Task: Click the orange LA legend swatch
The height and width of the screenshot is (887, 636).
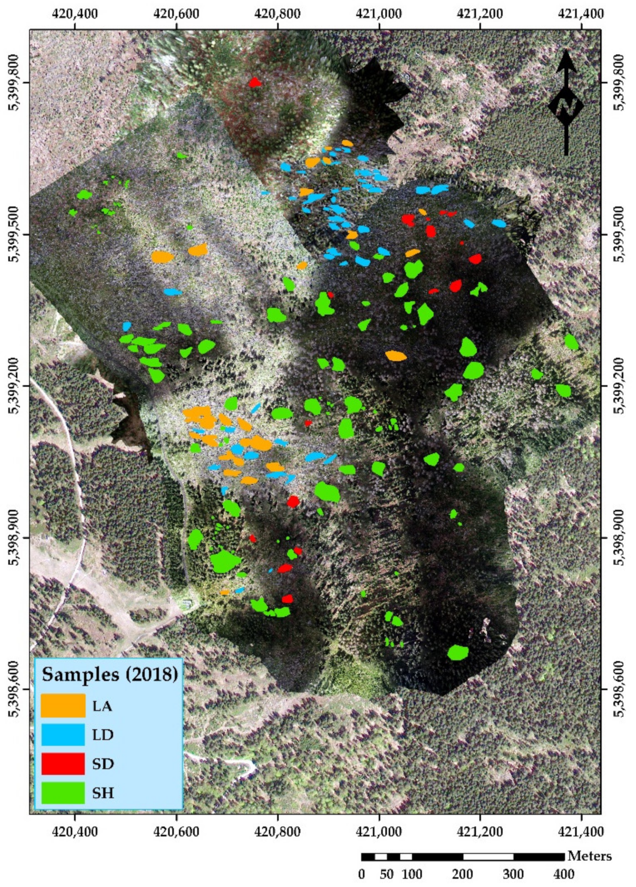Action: point(63,705)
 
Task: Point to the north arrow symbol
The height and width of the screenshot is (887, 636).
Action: point(566,103)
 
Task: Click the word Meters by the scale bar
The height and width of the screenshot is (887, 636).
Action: point(590,855)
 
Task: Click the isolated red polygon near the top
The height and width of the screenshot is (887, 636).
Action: point(255,82)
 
